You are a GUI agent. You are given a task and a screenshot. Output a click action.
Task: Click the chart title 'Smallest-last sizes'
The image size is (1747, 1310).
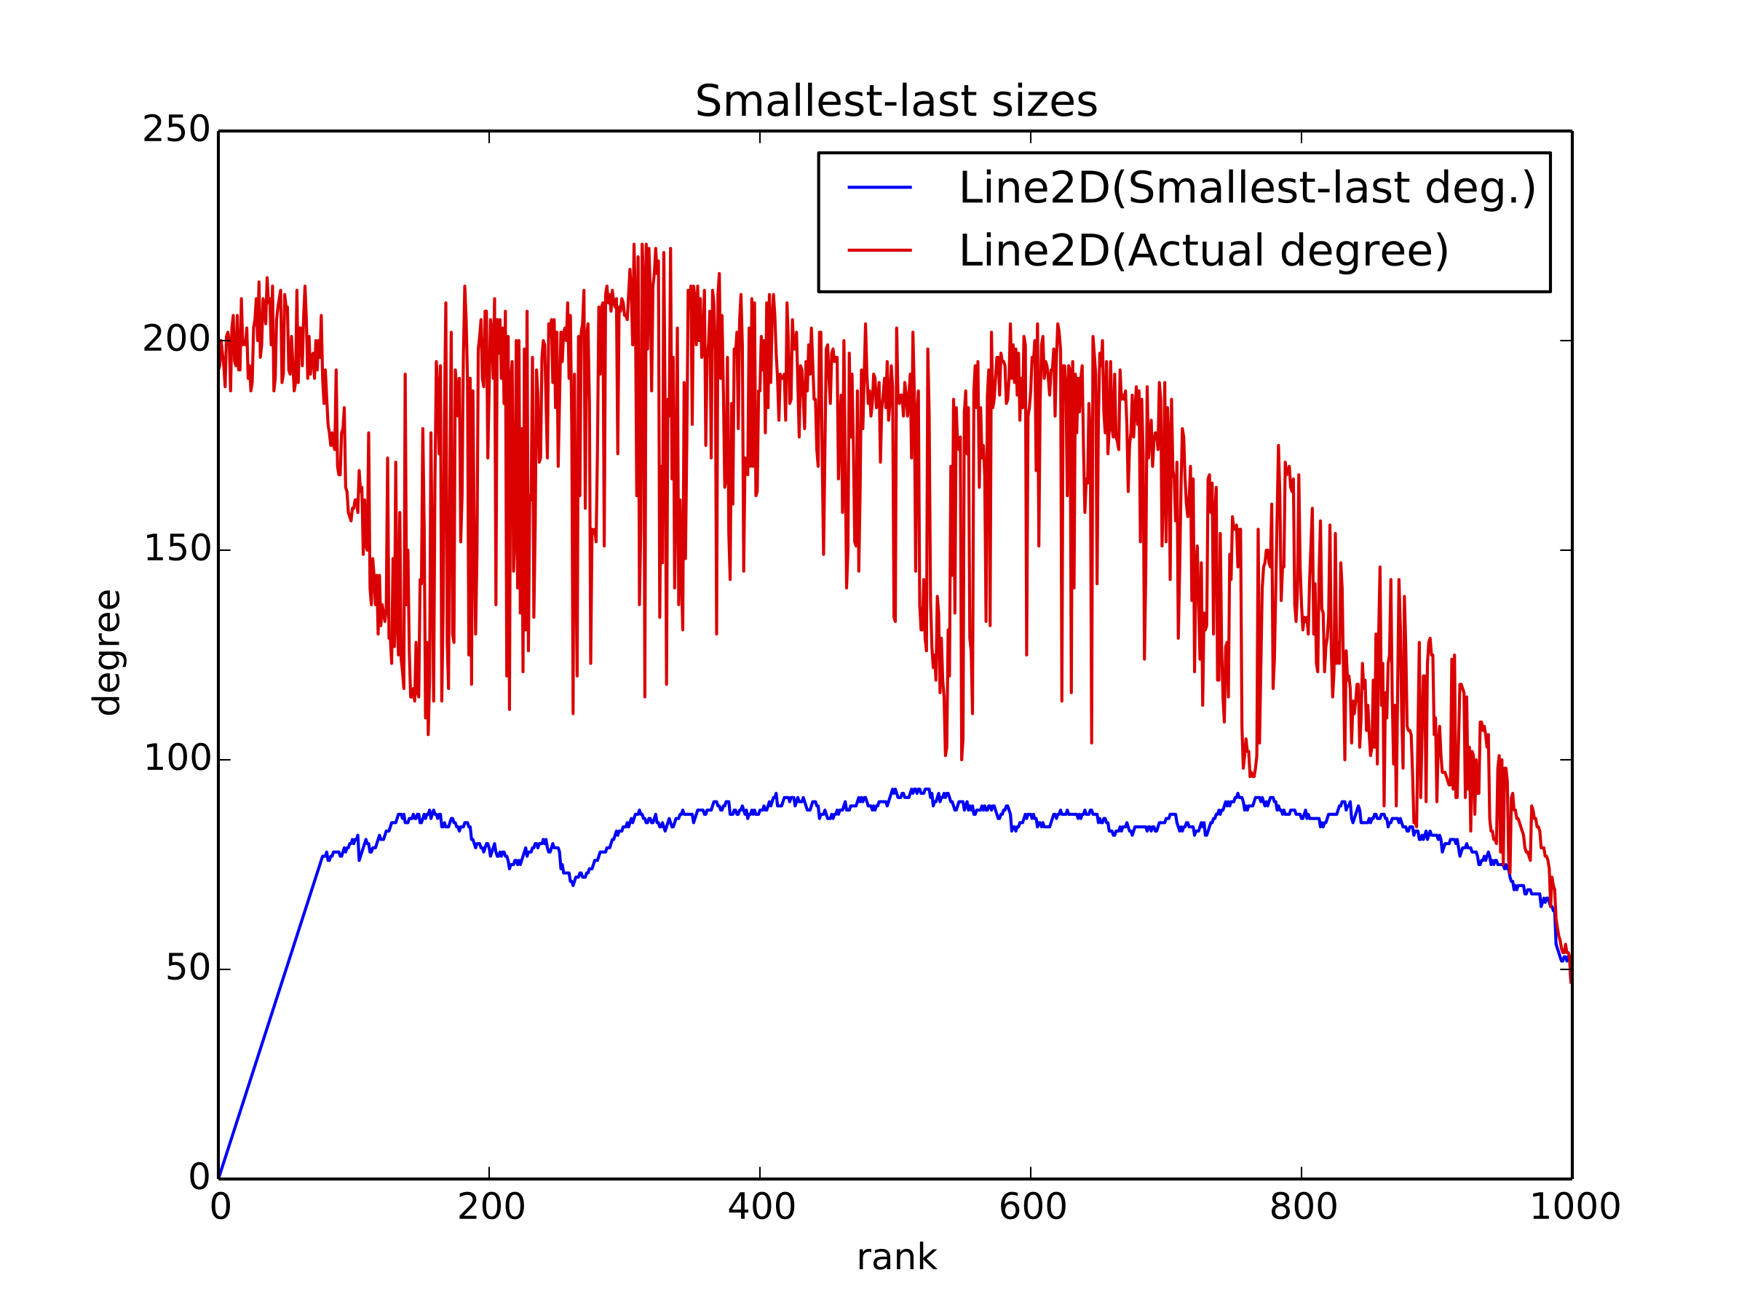click(895, 102)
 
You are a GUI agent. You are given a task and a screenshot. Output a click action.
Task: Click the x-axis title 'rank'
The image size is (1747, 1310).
click(896, 1256)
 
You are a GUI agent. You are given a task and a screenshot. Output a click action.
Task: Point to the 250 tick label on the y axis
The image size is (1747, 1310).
click(176, 130)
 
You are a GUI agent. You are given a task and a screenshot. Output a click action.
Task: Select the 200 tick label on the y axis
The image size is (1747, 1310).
click(176, 340)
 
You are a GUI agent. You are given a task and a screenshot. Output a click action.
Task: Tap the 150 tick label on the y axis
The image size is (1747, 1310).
click(176, 549)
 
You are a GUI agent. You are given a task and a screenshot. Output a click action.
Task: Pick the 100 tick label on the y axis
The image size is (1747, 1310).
click(176, 759)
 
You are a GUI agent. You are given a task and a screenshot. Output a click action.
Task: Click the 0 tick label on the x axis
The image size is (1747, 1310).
click(221, 1207)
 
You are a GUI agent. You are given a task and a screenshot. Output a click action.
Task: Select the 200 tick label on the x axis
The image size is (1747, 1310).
click(491, 1207)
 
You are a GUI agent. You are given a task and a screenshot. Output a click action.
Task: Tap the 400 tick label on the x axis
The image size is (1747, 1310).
click(761, 1207)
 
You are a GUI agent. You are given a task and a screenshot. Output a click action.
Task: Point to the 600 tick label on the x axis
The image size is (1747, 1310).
click(1032, 1207)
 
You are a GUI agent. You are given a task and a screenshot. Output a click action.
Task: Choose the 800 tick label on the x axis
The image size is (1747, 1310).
click(1303, 1207)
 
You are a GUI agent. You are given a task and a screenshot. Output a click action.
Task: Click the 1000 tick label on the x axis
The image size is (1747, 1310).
click(1574, 1207)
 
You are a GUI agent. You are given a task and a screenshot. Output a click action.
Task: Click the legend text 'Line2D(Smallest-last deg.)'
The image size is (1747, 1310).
click(1247, 188)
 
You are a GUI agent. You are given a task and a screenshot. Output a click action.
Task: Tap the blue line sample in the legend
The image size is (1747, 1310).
click(879, 188)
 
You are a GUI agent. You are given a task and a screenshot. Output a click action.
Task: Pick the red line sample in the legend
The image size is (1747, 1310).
click(879, 250)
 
